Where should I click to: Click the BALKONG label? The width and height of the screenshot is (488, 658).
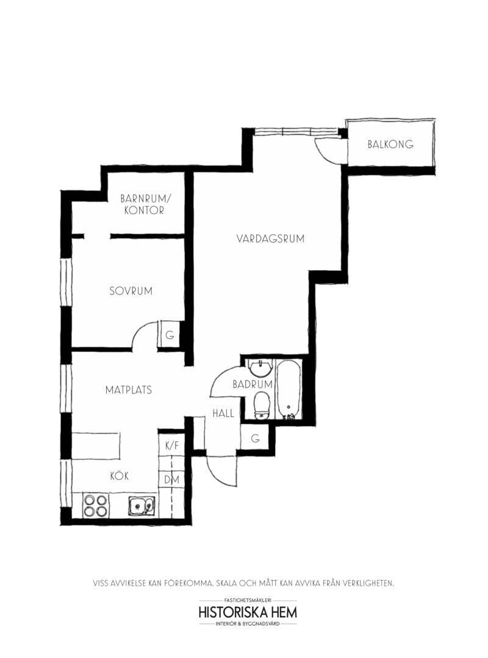(390, 145)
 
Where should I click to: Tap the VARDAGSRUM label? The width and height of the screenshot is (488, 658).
(270, 239)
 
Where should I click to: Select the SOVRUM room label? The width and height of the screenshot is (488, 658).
(131, 291)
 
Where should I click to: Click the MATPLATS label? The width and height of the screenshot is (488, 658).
(128, 390)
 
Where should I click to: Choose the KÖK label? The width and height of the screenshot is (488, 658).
(119, 476)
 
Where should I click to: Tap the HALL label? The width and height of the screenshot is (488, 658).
(223, 413)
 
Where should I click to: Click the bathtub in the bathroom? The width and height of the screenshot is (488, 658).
(289, 389)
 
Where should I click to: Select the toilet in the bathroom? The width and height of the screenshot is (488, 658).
(262, 406)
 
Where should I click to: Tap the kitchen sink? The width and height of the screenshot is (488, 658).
(142, 506)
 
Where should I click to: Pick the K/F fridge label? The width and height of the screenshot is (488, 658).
(172, 446)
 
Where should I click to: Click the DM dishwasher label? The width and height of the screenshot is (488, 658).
(171, 479)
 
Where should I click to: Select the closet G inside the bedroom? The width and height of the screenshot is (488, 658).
(170, 335)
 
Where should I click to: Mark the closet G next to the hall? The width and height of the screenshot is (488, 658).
(255, 438)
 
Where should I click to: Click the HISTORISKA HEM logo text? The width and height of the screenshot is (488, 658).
(248, 612)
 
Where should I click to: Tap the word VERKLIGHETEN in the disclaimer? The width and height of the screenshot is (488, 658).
(368, 583)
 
